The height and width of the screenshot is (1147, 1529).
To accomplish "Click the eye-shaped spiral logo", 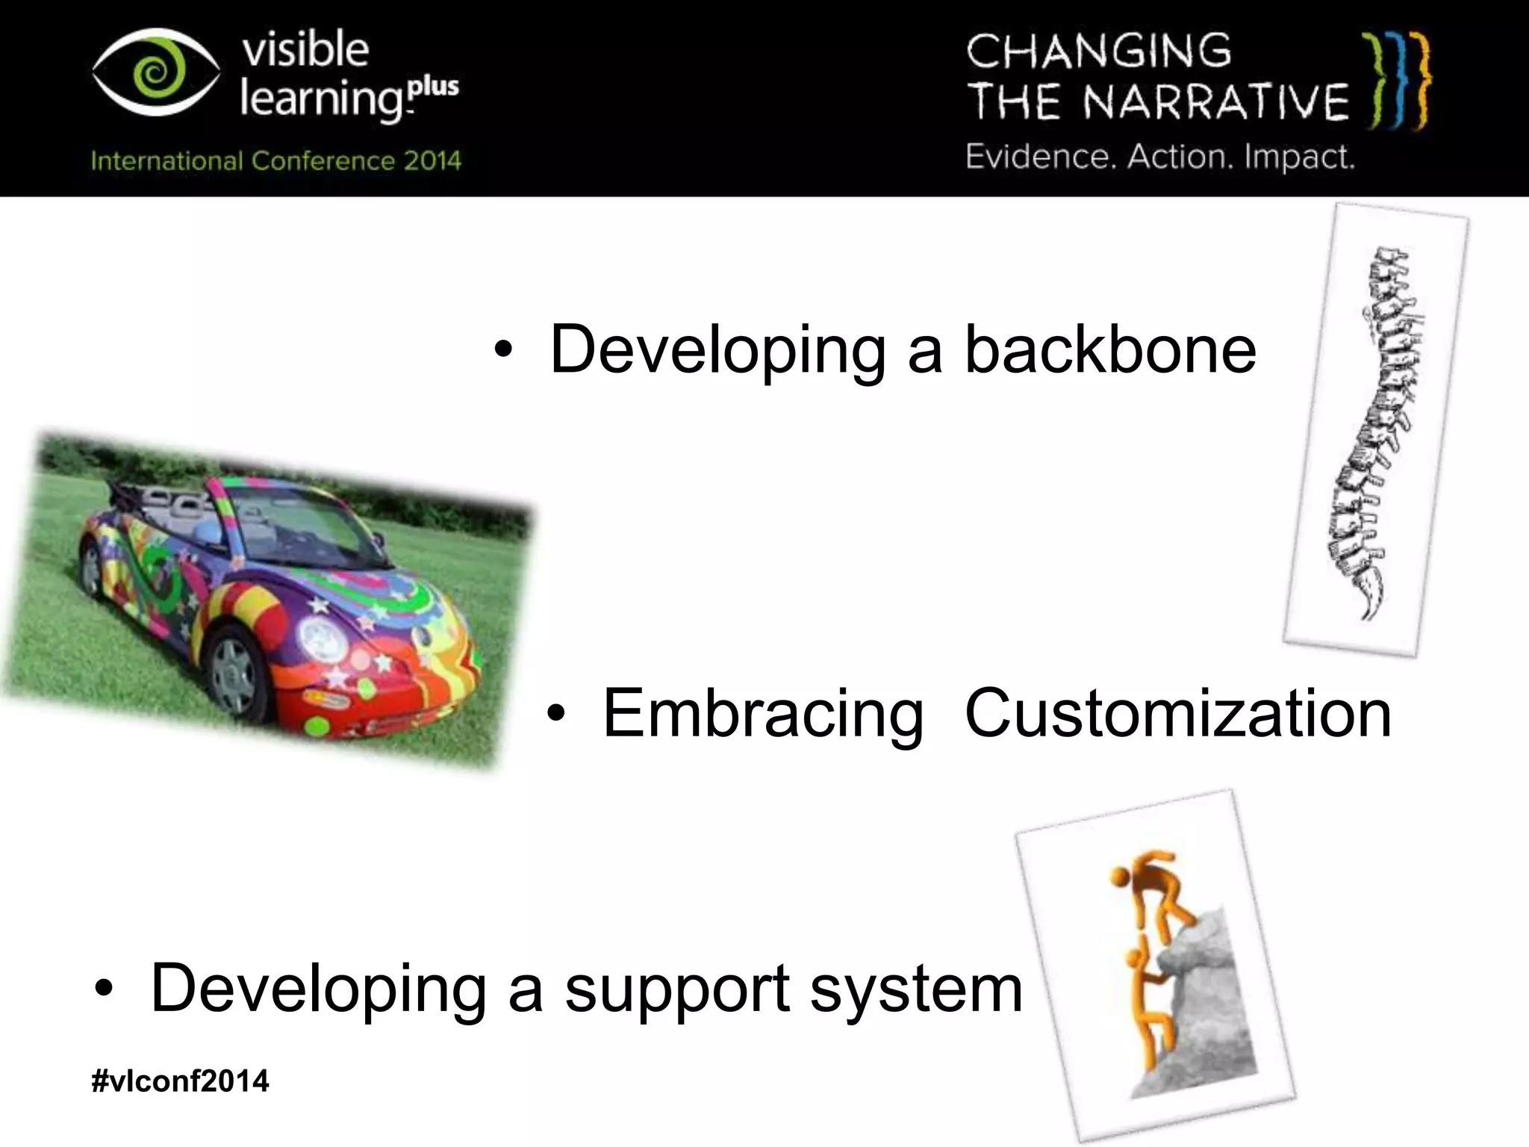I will [156, 74].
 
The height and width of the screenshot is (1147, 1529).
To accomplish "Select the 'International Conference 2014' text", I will [275, 161].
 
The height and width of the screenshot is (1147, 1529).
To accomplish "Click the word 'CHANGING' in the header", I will [1098, 52].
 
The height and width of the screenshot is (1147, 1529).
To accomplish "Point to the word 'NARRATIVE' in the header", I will [1216, 102].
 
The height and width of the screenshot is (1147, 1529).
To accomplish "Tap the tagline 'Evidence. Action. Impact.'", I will [1159, 158].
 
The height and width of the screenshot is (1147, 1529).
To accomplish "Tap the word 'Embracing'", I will [762, 715].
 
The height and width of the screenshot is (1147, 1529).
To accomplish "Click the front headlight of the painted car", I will [323, 638].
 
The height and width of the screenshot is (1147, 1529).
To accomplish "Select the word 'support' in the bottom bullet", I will [677, 989].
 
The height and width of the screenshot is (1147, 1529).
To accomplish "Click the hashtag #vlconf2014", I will [179, 1081].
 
